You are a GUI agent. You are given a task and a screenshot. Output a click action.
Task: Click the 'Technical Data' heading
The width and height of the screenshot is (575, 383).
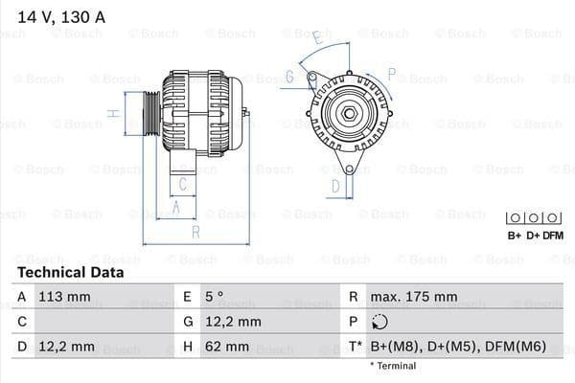click(70, 273)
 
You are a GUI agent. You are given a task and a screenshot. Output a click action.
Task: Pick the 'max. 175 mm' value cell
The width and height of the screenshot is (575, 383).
click(416, 297)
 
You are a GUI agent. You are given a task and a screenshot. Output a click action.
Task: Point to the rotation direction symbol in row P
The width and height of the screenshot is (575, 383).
click(380, 322)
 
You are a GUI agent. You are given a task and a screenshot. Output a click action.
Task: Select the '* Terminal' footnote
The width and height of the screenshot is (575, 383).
click(393, 366)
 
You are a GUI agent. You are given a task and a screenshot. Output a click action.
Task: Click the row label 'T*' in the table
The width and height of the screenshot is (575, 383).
click(355, 346)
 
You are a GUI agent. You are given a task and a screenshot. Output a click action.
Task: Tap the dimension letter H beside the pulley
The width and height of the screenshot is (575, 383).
click(113, 113)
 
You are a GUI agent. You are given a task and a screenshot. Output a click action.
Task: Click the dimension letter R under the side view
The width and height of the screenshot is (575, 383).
click(195, 231)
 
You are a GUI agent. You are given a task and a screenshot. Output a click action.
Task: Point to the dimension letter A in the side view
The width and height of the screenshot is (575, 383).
click(176, 205)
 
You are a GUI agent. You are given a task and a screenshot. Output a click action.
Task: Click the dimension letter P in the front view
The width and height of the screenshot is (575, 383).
click(391, 72)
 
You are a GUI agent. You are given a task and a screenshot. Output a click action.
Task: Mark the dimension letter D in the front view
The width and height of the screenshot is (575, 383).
click(335, 185)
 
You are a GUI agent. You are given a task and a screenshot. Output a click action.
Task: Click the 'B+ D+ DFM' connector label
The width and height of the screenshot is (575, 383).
click(534, 235)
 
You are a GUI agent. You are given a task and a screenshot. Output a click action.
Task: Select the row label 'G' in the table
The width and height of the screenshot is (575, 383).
click(188, 322)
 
